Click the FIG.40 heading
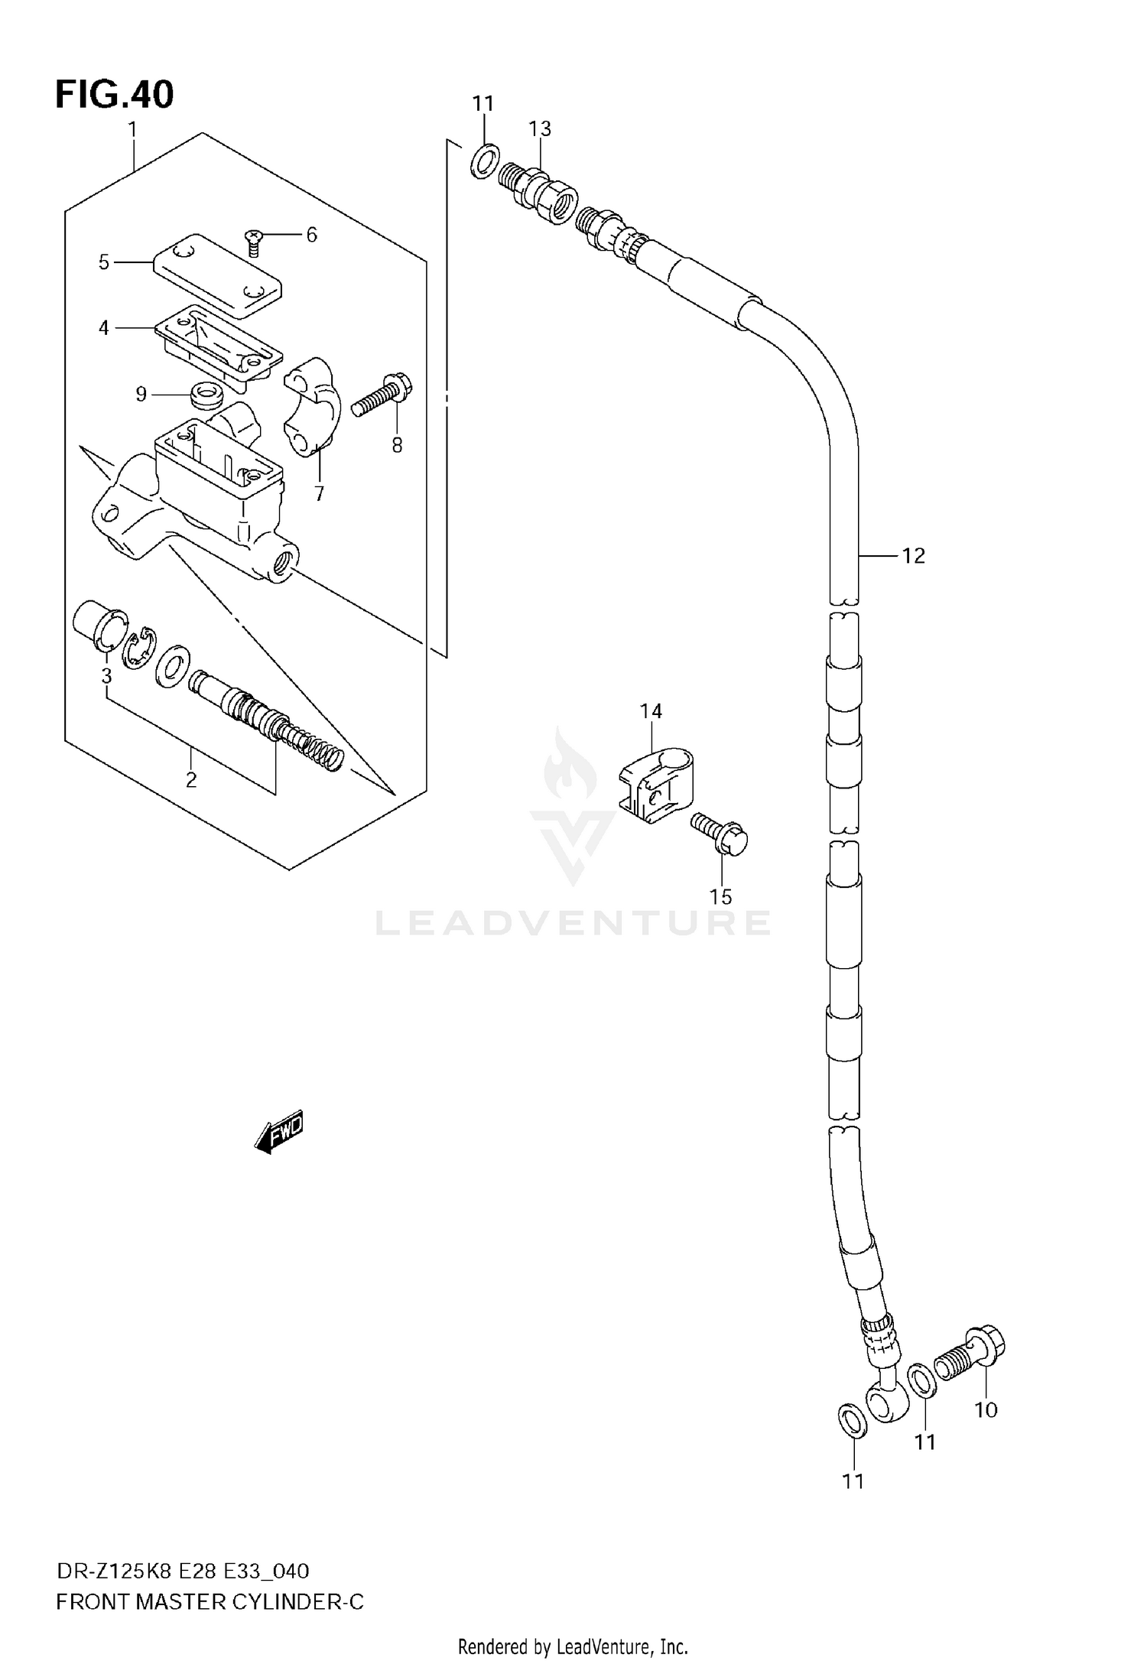click(x=115, y=95)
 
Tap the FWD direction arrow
click(x=280, y=1130)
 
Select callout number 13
click(x=540, y=128)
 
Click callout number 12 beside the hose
click(x=913, y=556)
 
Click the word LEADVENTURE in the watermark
click(x=573, y=923)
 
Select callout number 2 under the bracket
click(x=191, y=779)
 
